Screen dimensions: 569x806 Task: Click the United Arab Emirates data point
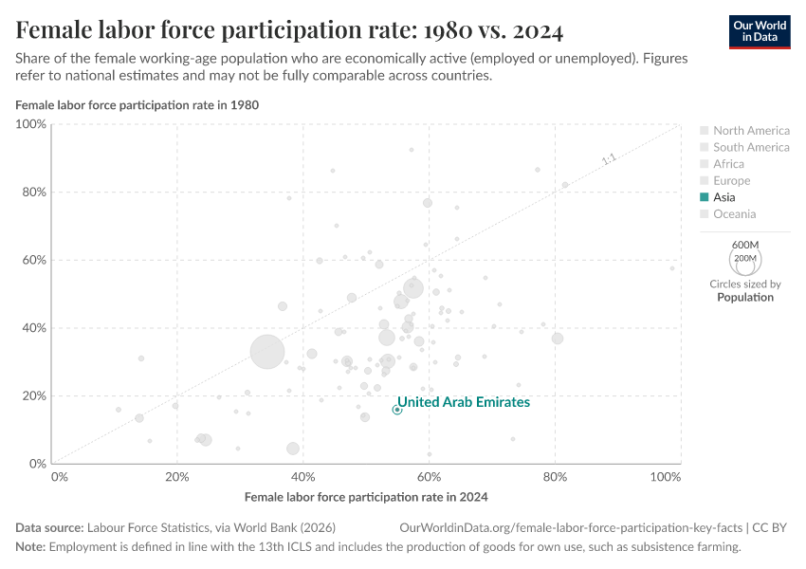click(x=396, y=410)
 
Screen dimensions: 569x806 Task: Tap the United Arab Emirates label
click(x=463, y=402)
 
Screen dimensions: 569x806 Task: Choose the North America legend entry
click(x=751, y=131)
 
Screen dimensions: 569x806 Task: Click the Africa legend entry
click(x=728, y=164)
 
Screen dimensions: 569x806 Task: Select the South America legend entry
click(x=751, y=147)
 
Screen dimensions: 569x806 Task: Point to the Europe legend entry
click(x=731, y=180)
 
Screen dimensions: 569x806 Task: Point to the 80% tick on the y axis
click(x=33, y=192)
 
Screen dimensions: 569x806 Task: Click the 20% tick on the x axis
click(x=177, y=475)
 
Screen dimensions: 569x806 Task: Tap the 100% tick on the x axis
click(x=666, y=475)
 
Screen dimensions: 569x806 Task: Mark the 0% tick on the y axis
click(x=37, y=464)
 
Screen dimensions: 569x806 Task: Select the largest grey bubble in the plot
click(x=268, y=352)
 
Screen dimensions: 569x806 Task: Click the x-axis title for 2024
click(x=365, y=496)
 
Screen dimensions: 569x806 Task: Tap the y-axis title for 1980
click(x=137, y=104)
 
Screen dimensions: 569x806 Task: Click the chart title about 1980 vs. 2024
click(x=289, y=31)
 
